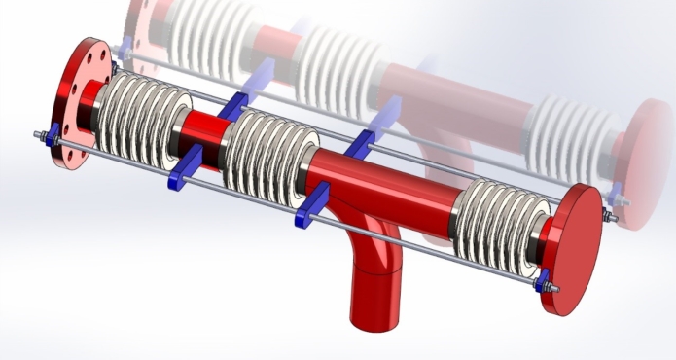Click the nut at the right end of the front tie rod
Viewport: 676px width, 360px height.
pos(553,289)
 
